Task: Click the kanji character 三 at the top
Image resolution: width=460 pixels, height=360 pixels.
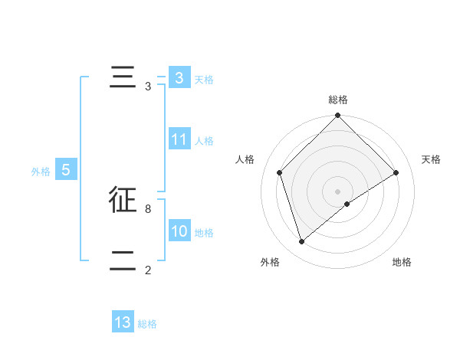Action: coord(123,78)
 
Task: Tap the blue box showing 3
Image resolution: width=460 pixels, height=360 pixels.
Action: coord(179,78)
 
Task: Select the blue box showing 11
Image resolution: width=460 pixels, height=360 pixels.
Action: coord(179,139)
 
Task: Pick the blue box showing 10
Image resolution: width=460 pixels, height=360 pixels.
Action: coord(179,231)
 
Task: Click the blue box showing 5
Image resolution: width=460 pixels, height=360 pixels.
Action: coord(66,170)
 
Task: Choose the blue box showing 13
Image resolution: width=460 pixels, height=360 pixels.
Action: coord(123,322)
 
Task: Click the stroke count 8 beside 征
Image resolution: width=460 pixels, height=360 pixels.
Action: coord(147,208)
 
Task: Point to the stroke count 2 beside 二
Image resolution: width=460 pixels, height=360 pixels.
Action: coord(147,270)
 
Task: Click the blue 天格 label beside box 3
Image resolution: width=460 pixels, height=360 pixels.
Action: coord(203,80)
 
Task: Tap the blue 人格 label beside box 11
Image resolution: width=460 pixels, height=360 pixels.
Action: coord(203,141)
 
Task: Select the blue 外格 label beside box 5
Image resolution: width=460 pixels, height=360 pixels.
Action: coord(41,172)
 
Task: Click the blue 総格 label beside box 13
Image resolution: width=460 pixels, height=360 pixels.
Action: coord(147,324)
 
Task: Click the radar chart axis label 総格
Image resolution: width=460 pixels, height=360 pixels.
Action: coord(337,100)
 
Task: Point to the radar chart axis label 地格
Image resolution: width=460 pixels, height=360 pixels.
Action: coord(402,263)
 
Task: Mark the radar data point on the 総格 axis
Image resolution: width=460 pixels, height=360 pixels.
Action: coord(337,116)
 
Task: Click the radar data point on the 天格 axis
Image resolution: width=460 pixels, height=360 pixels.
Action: coord(396,172)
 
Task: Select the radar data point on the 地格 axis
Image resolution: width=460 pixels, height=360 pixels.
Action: coord(347,204)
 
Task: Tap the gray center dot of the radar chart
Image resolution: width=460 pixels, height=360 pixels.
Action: coord(337,191)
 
